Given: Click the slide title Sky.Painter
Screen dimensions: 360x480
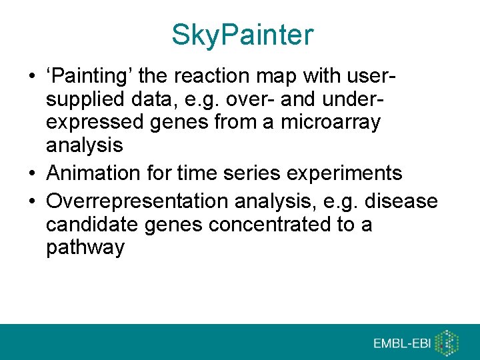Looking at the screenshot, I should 241,35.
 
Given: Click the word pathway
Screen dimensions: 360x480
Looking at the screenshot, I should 85,249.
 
